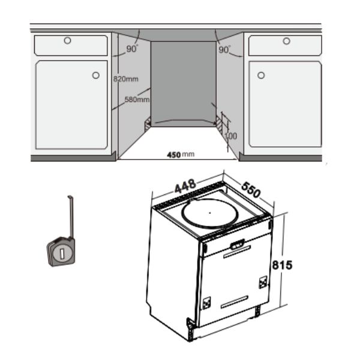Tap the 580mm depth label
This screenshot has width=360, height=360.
tap(137, 100)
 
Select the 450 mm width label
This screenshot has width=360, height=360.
tap(181, 154)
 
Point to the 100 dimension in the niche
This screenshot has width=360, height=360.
tap(231, 136)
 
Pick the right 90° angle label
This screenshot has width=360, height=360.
tap(226, 49)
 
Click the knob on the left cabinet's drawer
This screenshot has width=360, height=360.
tap(67, 41)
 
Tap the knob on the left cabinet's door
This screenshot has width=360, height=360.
tap(96, 76)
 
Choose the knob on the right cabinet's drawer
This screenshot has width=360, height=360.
tap(286, 41)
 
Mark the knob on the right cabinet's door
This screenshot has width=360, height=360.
tap(261, 76)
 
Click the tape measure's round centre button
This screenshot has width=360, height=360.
tap(61, 253)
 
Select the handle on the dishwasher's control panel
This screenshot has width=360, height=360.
tap(238, 244)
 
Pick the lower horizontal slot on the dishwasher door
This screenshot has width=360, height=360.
tap(234, 301)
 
